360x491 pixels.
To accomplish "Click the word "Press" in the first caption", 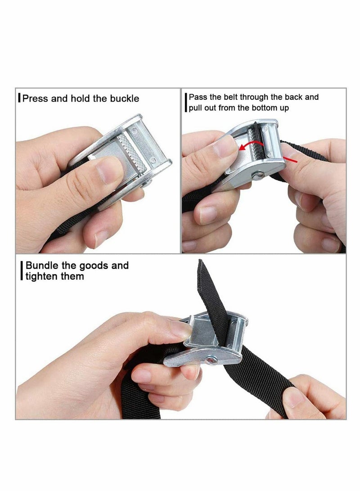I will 35,98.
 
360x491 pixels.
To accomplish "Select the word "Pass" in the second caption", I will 196,97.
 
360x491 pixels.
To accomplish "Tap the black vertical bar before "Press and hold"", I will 19,98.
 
